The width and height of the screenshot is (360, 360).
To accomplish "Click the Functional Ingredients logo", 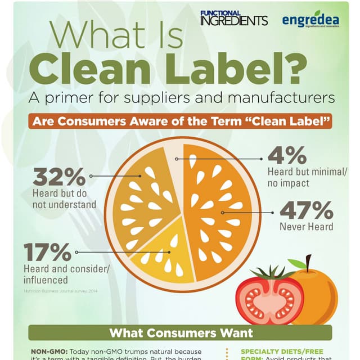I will coord(233,19).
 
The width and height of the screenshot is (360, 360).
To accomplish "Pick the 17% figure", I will coord(47,251).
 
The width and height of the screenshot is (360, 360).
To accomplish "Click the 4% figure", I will coord(287,155).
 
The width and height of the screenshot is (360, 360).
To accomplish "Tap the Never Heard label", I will coord(307,227).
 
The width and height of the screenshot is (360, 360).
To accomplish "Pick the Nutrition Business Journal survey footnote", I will coord(61,291).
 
